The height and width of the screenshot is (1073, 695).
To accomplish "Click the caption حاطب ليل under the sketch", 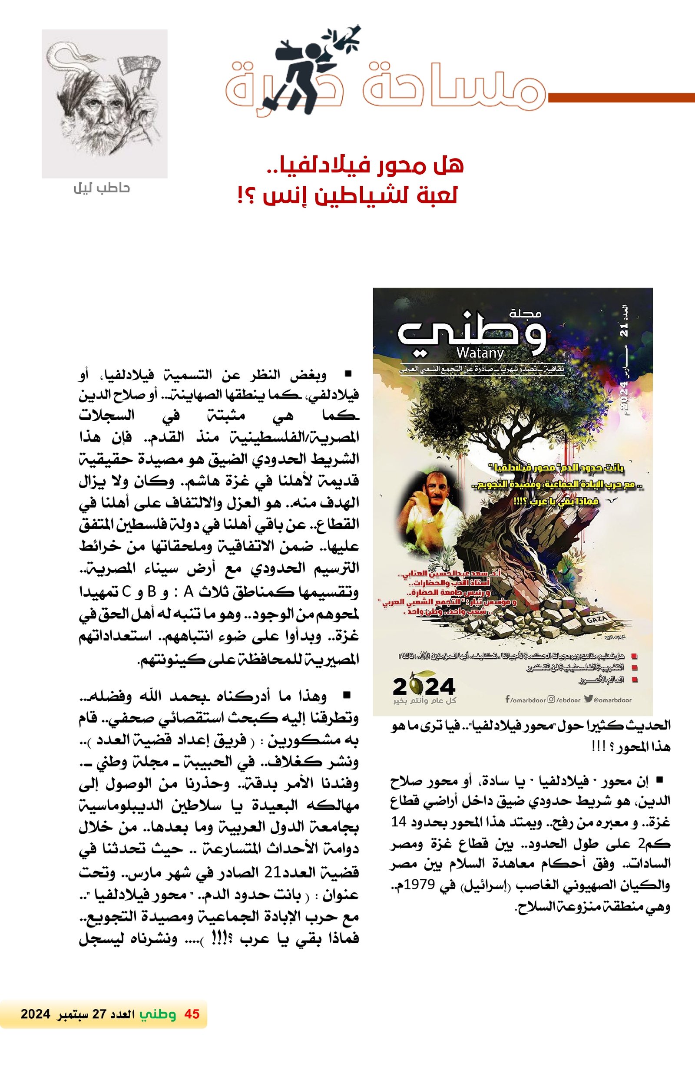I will tap(102, 188).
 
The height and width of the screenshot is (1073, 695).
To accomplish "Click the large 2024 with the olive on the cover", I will tap(424, 687).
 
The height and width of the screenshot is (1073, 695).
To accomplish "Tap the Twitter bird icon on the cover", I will tap(588, 700).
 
